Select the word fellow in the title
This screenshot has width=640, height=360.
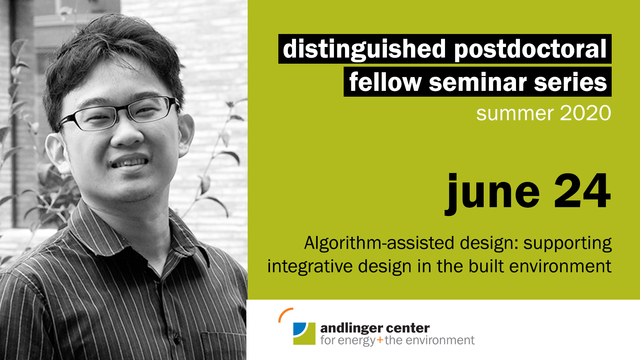tap(385, 82)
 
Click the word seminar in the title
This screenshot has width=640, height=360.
tap(478, 82)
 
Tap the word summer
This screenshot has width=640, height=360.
tap(514, 114)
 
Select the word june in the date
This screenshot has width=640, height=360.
tap(492, 193)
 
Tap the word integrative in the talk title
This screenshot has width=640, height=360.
tap(310, 267)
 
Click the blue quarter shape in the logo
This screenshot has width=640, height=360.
tap(299, 328)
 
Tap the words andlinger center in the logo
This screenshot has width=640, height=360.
tap(375, 328)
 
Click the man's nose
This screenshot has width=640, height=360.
tap(127, 133)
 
